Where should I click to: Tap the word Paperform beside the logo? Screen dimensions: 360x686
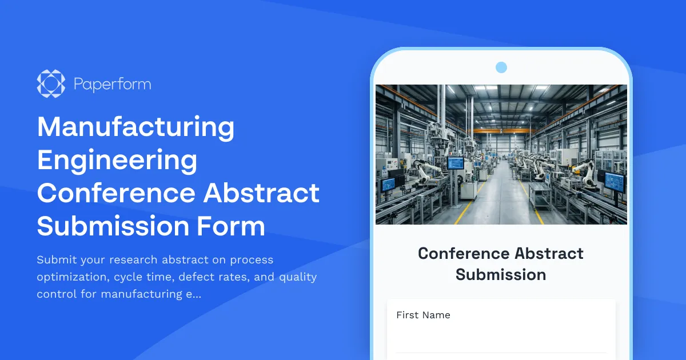[112, 85]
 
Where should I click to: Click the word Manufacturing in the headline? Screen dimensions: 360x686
[135, 127]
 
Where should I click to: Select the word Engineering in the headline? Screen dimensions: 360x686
[117, 161]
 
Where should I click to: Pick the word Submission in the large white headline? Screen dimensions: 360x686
[107, 226]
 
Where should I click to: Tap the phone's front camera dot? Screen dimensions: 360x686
[501, 67]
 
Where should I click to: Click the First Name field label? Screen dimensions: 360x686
[423, 315]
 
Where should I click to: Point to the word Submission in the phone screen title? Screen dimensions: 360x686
[501, 274]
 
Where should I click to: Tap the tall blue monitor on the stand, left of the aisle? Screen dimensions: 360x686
[456, 163]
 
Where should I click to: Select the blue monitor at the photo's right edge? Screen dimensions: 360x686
[616, 182]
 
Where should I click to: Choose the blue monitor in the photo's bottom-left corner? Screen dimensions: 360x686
[388, 184]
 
